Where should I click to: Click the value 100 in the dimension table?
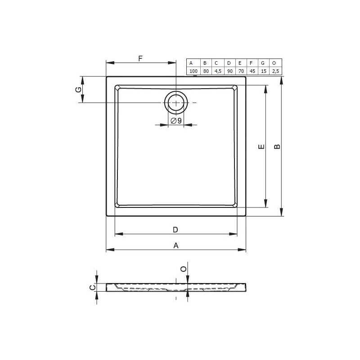[x=193, y=71]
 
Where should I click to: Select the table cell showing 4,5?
[x=218, y=71]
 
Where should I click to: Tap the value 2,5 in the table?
[x=275, y=71]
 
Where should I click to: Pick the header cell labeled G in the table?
[x=263, y=63]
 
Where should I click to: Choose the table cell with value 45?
[x=252, y=71]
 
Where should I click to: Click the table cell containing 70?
[x=241, y=71]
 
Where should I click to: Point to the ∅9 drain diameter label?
[x=176, y=120]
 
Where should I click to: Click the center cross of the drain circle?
[x=176, y=103]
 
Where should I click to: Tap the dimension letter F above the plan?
[x=140, y=58]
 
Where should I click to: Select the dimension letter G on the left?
[x=78, y=90]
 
